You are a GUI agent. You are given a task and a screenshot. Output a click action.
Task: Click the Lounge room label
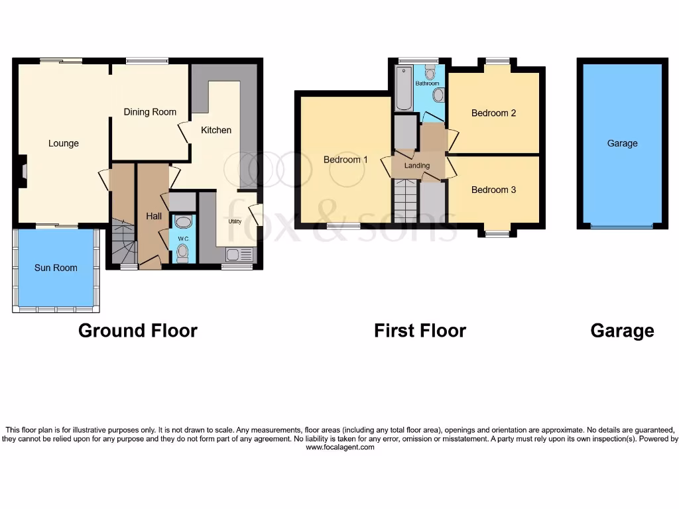click(64, 143)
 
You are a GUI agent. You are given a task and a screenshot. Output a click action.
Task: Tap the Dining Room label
click(150, 112)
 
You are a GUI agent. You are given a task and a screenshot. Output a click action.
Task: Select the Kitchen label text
click(216, 130)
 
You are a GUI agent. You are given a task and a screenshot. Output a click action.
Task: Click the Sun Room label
click(56, 268)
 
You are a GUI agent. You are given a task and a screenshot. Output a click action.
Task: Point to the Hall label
click(154, 216)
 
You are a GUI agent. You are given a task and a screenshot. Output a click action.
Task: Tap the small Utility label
click(235, 221)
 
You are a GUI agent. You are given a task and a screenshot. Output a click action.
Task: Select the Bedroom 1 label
click(345, 160)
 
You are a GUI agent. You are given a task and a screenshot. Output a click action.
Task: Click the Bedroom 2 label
click(493, 113)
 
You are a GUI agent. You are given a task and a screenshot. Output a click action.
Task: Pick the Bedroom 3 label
click(493, 190)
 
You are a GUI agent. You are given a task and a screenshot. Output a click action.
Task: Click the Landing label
click(417, 166)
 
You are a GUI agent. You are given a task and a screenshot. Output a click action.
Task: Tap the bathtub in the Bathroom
click(404, 89)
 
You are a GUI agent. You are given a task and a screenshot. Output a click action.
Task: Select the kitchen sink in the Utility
click(239, 254)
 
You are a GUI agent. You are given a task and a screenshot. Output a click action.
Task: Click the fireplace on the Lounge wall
click(23, 171)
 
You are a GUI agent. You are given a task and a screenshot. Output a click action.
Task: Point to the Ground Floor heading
click(138, 331)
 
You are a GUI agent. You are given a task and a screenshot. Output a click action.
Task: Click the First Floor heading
click(420, 331)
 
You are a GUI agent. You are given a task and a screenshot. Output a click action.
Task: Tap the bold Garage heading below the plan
click(622, 331)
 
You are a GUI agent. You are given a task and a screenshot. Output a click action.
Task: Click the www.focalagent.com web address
click(339, 447)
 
